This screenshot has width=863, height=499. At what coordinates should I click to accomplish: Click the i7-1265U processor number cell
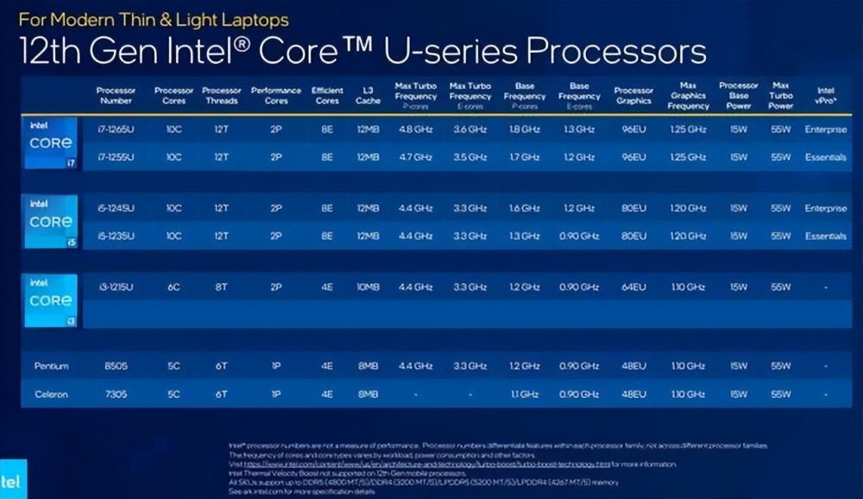[x=116, y=130]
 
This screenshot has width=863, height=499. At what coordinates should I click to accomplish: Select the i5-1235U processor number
[x=116, y=236]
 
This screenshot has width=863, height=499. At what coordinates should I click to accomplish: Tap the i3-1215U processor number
[x=116, y=287]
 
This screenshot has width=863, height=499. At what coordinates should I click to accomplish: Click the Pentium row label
[x=51, y=366]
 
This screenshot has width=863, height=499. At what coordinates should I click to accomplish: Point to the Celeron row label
[x=51, y=395]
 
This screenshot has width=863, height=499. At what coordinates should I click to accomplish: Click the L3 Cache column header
[x=368, y=95]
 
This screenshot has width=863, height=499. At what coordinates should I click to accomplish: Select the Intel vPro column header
[x=825, y=95]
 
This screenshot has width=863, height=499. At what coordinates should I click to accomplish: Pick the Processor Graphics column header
[x=633, y=95]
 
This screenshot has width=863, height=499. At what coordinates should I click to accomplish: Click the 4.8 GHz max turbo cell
[x=414, y=130]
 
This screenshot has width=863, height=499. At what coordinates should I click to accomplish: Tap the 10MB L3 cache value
[x=368, y=287]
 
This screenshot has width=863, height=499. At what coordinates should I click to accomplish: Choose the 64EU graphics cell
[x=633, y=287]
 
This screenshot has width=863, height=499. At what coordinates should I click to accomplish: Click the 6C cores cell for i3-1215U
[x=174, y=287]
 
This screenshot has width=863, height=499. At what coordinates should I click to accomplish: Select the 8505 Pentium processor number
[x=116, y=366]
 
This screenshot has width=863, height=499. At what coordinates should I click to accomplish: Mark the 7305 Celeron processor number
[x=116, y=395]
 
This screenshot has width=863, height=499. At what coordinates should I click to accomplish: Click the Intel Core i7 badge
[x=51, y=143]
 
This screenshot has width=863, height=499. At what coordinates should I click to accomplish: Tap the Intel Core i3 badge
[x=51, y=300]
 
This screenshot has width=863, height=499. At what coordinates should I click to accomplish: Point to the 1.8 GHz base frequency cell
[x=525, y=130]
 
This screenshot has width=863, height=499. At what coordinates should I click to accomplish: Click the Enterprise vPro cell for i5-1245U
[x=825, y=209]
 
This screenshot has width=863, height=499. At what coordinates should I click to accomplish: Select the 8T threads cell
[x=221, y=287]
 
